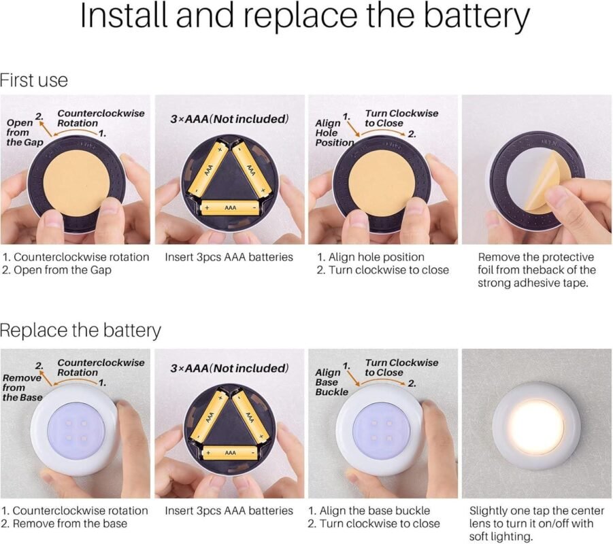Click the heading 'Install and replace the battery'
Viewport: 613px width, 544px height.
(305, 16)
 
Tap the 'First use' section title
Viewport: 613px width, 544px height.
(34, 80)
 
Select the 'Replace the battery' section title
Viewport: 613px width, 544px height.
(80, 330)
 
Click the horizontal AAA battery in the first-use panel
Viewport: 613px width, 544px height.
(230, 207)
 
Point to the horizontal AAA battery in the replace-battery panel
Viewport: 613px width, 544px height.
(230, 453)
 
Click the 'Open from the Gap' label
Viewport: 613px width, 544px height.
(24, 132)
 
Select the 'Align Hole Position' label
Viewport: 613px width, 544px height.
(334, 133)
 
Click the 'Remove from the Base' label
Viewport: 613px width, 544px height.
(22, 388)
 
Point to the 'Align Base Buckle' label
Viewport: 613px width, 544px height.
(331, 381)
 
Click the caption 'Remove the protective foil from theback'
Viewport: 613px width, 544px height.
(536, 263)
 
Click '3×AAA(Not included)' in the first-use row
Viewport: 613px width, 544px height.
(229, 119)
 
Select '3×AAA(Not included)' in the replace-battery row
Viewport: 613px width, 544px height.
(229, 368)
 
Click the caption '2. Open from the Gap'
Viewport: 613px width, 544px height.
(56, 270)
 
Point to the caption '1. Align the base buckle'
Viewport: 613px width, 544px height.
(369, 511)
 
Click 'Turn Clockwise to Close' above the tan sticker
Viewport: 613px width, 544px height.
(401, 118)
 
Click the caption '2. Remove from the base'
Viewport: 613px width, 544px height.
(65, 524)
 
